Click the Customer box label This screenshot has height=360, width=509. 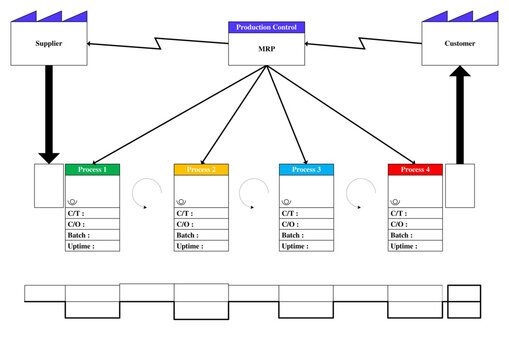tap(459, 44)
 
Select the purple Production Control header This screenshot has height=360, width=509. tap(266, 27)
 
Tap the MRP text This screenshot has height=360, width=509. tap(266, 47)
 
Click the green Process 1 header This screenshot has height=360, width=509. tap(92, 170)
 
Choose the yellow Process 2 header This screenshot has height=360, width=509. tap(201, 170)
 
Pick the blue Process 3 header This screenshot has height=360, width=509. tap(306, 170)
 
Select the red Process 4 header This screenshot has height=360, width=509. tap(414, 170)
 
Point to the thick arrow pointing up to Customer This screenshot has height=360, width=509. tap(459, 115)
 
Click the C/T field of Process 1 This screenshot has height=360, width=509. tap(92, 213)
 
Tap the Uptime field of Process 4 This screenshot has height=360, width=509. tap(414, 246)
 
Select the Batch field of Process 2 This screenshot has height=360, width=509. tap(201, 235)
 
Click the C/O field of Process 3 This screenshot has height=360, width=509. tap(306, 224)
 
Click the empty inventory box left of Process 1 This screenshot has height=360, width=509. tap(48, 186)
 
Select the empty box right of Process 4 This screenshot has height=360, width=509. tap(460, 186)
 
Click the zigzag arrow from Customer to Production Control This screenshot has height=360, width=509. tap(363, 45)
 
